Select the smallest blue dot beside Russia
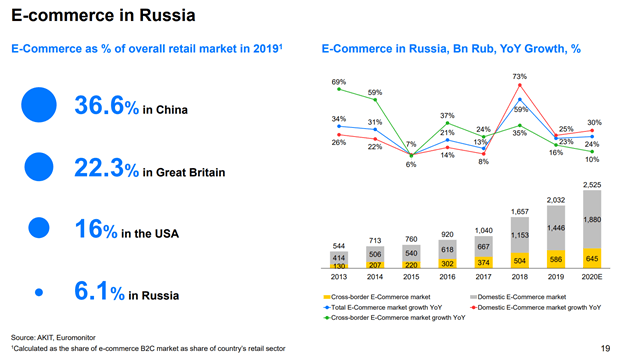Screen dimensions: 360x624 pos(39,292)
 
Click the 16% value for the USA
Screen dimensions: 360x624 pos(91,231)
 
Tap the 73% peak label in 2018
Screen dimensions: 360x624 pos(519,76)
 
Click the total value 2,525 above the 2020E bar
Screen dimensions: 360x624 pos(592,184)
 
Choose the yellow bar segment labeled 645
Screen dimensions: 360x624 pos(592,258)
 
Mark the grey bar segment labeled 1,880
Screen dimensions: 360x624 pos(592,219)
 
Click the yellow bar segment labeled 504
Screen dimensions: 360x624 pos(519,260)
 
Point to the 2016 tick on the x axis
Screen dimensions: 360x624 pos(447,277)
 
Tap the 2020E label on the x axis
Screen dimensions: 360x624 pos(592,277)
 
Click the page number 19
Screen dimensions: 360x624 pos(605,347)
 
